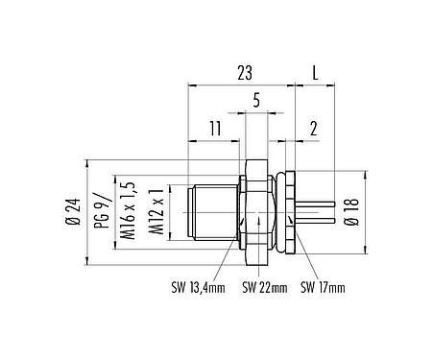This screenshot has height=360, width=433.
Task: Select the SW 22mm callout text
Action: click(262, 288)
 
